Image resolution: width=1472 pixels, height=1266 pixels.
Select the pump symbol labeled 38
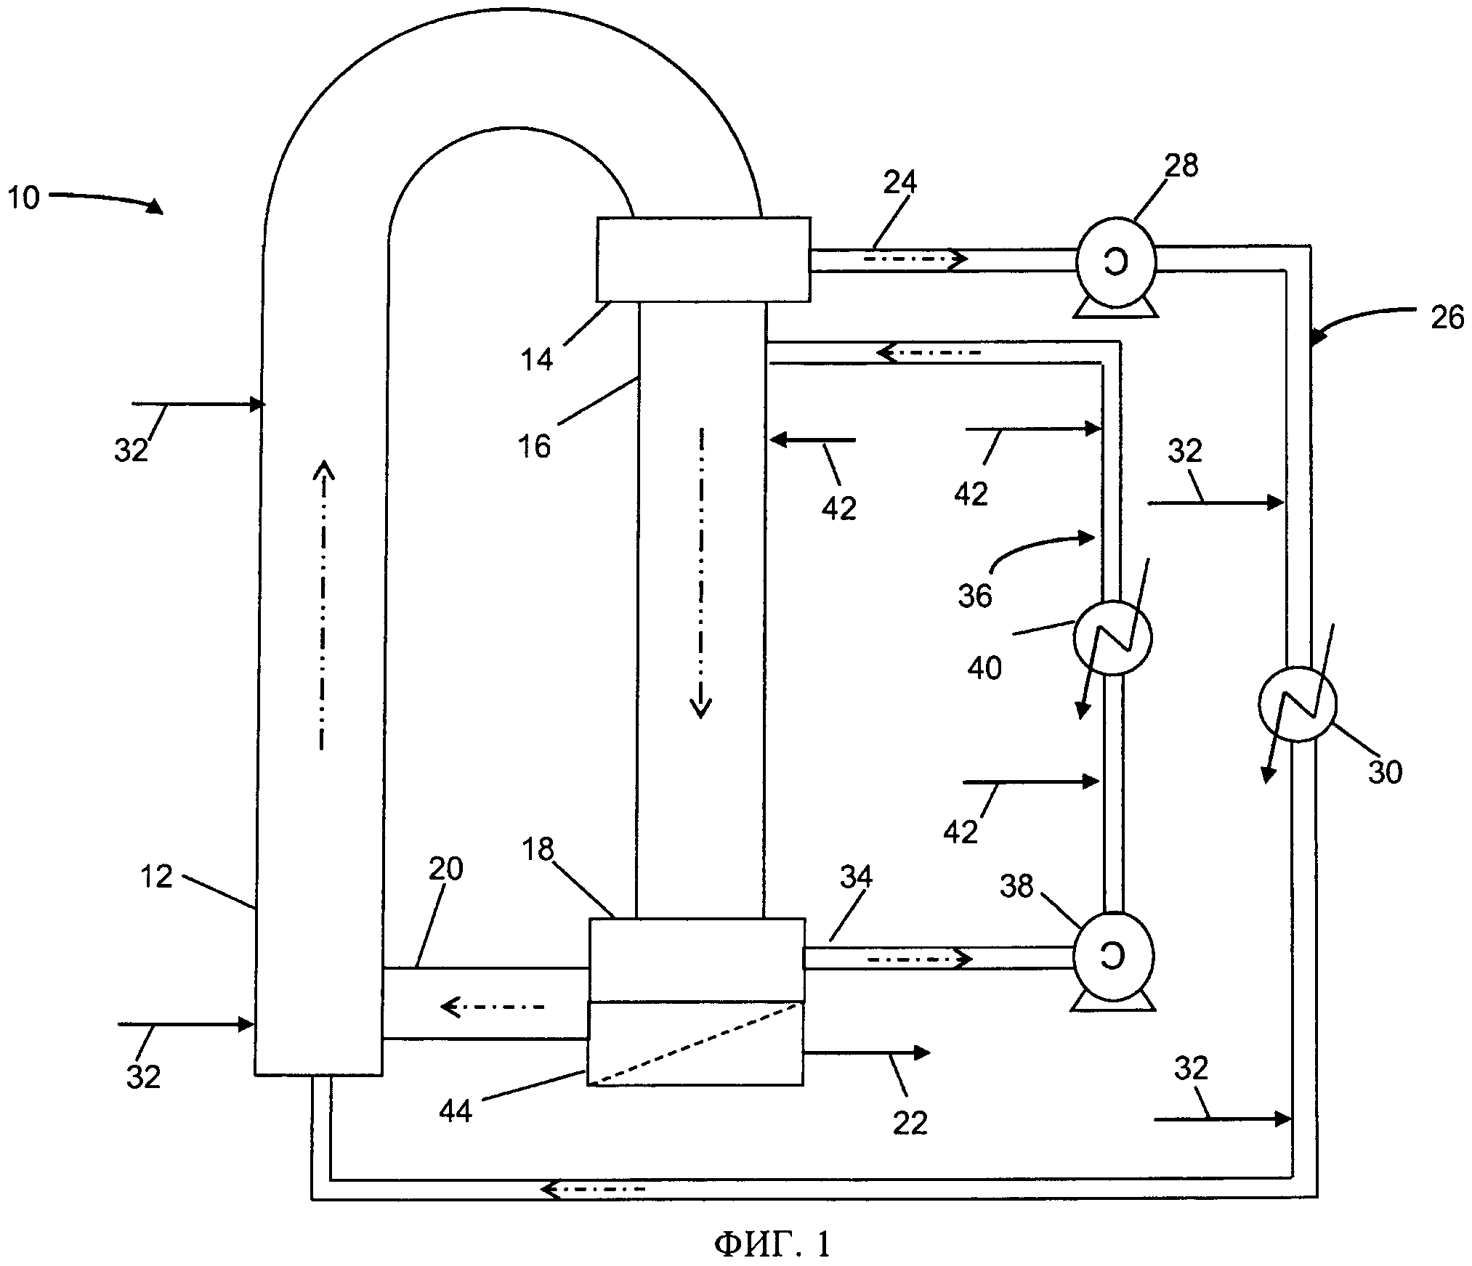coord(1112,959)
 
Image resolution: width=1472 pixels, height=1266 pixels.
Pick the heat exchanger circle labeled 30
coord(1297,704)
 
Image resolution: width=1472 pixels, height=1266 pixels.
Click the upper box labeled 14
coord(703,259)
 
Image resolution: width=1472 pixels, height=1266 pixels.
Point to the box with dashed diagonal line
coord(695,1044)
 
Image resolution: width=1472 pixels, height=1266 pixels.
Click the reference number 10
coord(23,198)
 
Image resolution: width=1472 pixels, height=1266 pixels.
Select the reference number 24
coord(900,182)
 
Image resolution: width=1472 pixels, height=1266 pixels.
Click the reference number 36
coord(974,596)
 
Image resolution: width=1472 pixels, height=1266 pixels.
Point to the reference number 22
coord(910,1124)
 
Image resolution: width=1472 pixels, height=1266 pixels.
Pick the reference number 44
coord(456,1111)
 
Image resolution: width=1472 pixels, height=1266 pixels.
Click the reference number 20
coord(445,869)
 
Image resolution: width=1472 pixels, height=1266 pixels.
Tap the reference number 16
coord(535,446)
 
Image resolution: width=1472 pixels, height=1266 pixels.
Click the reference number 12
coord(156,877)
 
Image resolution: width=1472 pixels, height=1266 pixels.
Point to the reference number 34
coord(856,877)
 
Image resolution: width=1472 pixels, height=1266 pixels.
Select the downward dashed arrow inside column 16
coord(701,573)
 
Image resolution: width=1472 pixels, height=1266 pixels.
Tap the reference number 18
coord(538,849)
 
